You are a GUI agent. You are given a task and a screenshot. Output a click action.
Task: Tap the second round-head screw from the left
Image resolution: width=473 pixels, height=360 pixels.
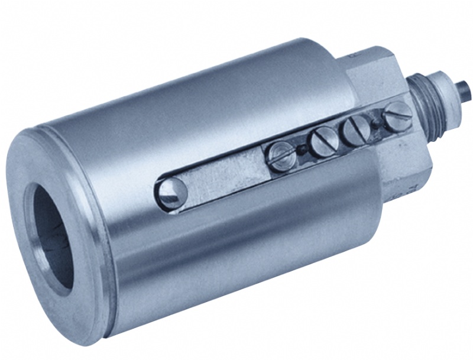pyautogui.click(x=323, y=143)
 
